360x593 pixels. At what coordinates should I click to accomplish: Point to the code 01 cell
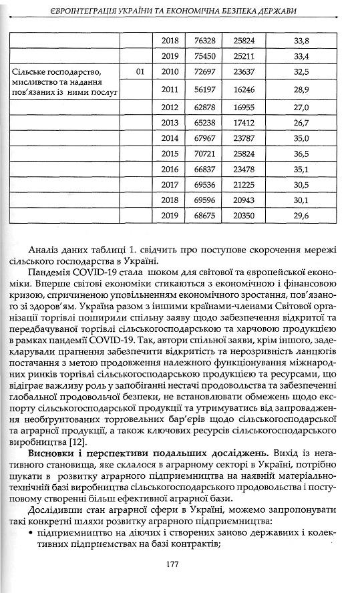point(139,71)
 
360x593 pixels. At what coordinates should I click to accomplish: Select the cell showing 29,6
point(301,216)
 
